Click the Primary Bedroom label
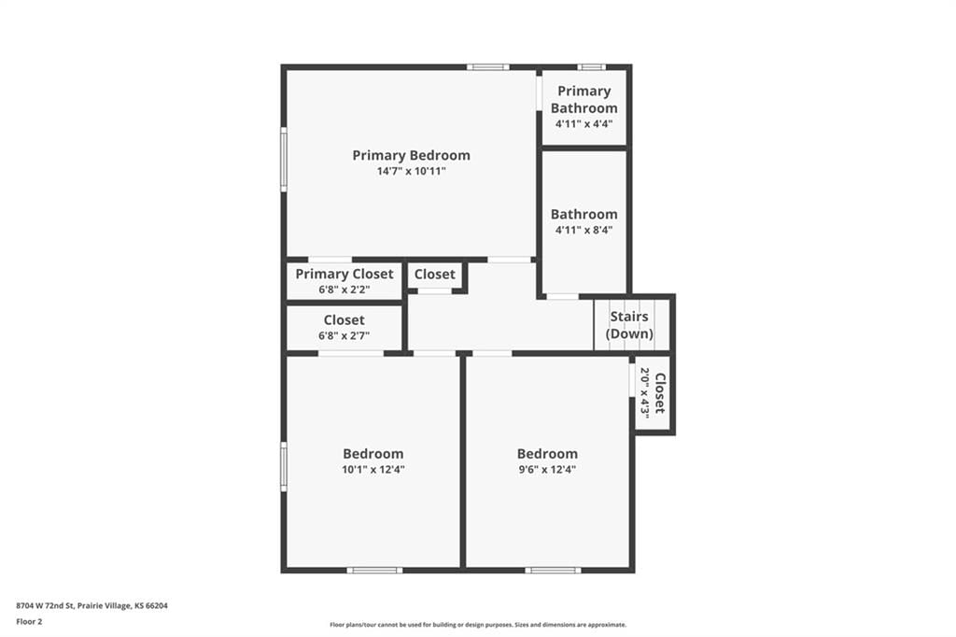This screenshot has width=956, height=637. [411, 156]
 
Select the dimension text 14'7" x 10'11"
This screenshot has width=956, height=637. [411, 172]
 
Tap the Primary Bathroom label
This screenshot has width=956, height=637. [584, 99]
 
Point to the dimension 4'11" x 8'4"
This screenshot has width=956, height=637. [583, 230]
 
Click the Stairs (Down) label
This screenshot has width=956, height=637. [629, 325]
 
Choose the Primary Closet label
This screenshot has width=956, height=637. [344, 274]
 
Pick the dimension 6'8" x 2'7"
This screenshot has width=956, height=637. [344, 335]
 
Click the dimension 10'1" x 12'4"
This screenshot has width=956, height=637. [373, 469]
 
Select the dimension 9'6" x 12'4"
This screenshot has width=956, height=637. [547, 469]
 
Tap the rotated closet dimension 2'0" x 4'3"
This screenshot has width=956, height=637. [644, 392]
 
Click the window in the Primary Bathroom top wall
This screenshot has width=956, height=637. [591, 67]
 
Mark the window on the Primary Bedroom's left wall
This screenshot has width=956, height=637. [284, 159]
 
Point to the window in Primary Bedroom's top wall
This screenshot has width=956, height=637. [487, 67]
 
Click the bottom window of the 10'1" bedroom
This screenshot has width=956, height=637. [375, 571]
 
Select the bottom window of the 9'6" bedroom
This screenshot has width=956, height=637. [553, 571]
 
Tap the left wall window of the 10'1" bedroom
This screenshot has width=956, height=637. [284, 467]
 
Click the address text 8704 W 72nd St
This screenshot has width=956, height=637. [46, 606]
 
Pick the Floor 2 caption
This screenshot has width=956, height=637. [29, 622]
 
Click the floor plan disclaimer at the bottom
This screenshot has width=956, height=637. [478, 625]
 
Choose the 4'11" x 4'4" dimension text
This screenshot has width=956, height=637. [583, 124]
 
